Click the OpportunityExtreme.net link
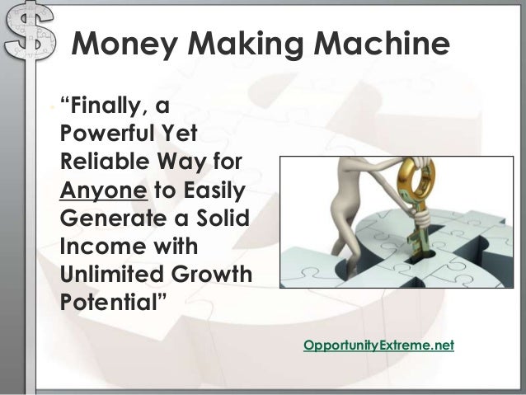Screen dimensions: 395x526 378,344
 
